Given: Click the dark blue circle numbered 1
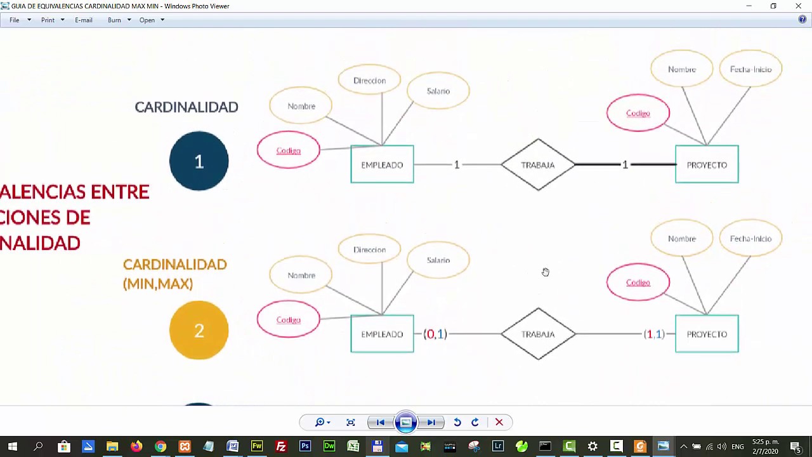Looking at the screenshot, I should pyautogui.click(x=199, y=161).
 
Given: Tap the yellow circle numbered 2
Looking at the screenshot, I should pyautogui.click(x=199, y=330).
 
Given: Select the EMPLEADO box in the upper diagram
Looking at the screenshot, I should pyautogui.click(x=382, y=164).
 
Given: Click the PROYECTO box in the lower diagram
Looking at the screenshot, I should pyautogui.click(x=707, y=334).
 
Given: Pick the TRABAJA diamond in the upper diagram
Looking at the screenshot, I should pyautogui.click(x=538, y=164).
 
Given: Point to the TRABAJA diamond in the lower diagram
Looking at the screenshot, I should pyautogui.click(x=538, y=334).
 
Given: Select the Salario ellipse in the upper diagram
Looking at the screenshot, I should pyautogui.click(x=438, y=91).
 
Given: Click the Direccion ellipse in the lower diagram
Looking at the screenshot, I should pyautogui.click(x=369, y=249).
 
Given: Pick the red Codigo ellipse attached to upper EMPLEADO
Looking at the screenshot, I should pyautogui.click(x=288, y=150).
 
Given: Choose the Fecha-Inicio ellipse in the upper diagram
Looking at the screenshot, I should pyautogui.click(x=750, y=69).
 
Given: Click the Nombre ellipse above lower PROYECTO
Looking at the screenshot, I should pyautogui.click(x=682, y=239).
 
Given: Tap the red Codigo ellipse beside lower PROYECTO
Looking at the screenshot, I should pyautogui.click(x=638, y=282).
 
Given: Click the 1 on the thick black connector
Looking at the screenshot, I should pyautogui.click(x=625, y=164).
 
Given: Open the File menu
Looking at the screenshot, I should pyautogui.click(x=15, y=20).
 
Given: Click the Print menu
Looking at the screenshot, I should pyautogui.click(x=48, y=20).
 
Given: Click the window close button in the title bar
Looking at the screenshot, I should pyautogui.click(x=798, y=6).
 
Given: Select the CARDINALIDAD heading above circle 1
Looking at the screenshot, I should pyautogui.click(x=187, y=107).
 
